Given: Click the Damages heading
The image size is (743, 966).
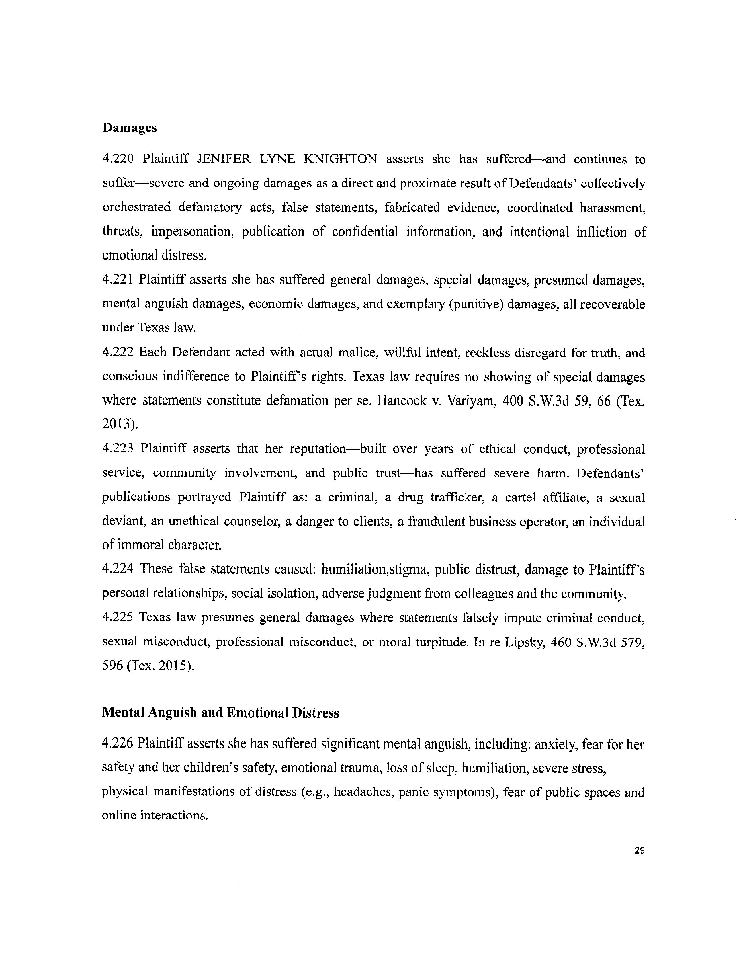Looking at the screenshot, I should coord(130,128).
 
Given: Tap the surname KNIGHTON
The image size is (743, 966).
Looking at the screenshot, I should coord(341,159).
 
